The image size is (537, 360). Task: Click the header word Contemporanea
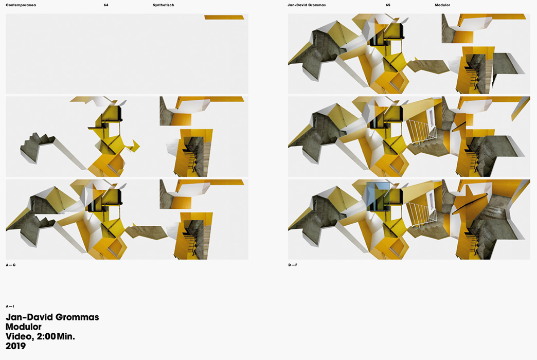coord(21,5)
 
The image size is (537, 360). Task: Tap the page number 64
coord(106,5)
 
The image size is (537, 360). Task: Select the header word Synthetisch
coord(164,5)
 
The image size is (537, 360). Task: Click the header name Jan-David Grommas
coord(307,5)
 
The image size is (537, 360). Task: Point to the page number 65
coord(388,5)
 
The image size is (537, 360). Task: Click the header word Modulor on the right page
coord(442,5)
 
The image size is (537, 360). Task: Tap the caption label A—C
coord(11,265)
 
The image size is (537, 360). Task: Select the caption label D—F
coord(293,265)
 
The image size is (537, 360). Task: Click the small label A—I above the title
coord(10,306)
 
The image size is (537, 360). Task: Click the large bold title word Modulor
coord(24,327)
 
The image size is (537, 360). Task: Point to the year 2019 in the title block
coord(16,346)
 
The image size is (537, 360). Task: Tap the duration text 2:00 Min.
coord(56,336)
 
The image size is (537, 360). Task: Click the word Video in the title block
coord(20,337)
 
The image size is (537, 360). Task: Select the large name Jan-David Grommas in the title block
coord(52,317)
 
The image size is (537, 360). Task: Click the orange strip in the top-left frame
coord(224,17)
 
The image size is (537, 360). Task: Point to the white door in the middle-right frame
coord(429,118)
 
